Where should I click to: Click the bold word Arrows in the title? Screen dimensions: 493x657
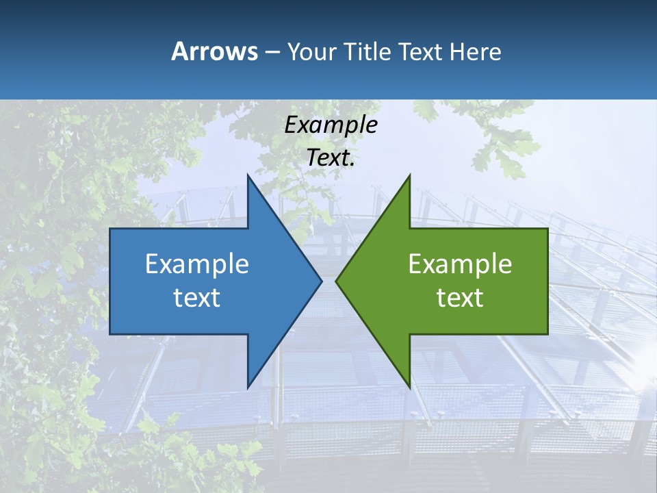(214, 51)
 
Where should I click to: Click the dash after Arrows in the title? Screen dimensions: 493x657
(272, 52)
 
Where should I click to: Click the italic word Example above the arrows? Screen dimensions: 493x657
(331, 125)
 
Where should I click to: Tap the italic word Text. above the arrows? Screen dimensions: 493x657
(331, 157)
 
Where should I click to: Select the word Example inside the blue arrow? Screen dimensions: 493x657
(197, 264)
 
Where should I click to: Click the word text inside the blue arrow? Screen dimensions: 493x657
(197, 297)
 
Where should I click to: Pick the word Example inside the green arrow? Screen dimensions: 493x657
(460, 264)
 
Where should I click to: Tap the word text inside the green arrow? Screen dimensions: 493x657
(460, 297)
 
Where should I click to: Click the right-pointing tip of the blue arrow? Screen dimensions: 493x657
(322, 281)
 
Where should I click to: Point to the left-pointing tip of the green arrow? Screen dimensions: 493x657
(336, 281)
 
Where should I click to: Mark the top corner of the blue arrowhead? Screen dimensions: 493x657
(248, 175)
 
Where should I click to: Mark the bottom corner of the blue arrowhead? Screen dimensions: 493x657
(248, 388)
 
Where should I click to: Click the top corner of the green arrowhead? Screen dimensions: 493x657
(409, 175)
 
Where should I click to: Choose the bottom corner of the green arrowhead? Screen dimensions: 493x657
(409, 388)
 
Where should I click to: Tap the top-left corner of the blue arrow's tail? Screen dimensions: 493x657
(110, 229)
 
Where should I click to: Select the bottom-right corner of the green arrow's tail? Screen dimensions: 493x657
(547, 334)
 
